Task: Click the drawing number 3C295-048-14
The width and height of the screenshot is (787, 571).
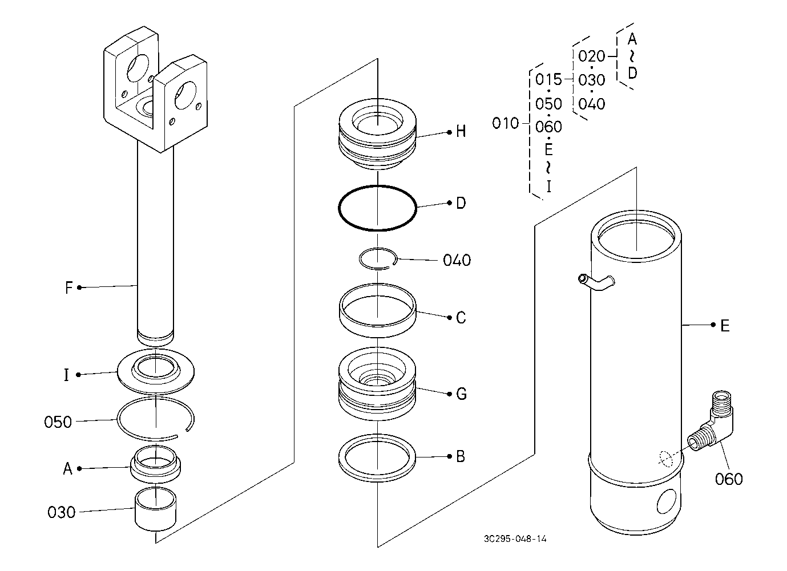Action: pyautogui.click(x=515, y=538)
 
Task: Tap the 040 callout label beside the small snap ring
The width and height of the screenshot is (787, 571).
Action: pyautogui.click(x=457, y=260)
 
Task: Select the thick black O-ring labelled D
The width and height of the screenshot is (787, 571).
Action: pyautogui.click(x=378, y=208)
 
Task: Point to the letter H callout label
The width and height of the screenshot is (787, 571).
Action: pyautogui.click(x=461, y=132)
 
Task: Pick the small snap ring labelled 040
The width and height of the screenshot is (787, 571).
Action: pyautogui.click(x=378, y=259)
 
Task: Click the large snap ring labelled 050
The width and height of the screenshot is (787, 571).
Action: pyautogui.click(x=155, y=419)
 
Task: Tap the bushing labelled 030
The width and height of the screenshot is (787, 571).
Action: pyautogui.click(x=156, y=509)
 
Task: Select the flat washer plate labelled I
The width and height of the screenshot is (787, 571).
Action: pyautogui.click(x=156, y=371)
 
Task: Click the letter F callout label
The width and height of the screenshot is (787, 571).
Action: pyautogui.click(x=69, y=287)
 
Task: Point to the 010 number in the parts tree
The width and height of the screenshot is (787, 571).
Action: pyautogui.click(x=505, y=123)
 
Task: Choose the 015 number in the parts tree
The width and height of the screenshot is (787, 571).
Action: pyautogui.click(x=548, y=80)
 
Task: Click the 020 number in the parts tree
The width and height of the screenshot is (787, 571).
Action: pyautogui.click(x=592, y=56)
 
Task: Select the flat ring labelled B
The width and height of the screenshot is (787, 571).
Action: pyautogui.click(x=377, y=457)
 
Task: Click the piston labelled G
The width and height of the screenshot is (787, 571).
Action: pyautogui.click(x=377, y=384)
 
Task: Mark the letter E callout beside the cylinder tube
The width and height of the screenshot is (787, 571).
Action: pyautogui.click(x=725, y=326)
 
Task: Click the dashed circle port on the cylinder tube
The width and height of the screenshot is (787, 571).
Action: pyautogui.click(x=665, y=459)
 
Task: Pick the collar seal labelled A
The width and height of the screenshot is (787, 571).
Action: pyautogui.click(x=155, y=464)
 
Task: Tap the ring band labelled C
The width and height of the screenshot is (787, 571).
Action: pyautogui.click(x=377, y=310)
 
